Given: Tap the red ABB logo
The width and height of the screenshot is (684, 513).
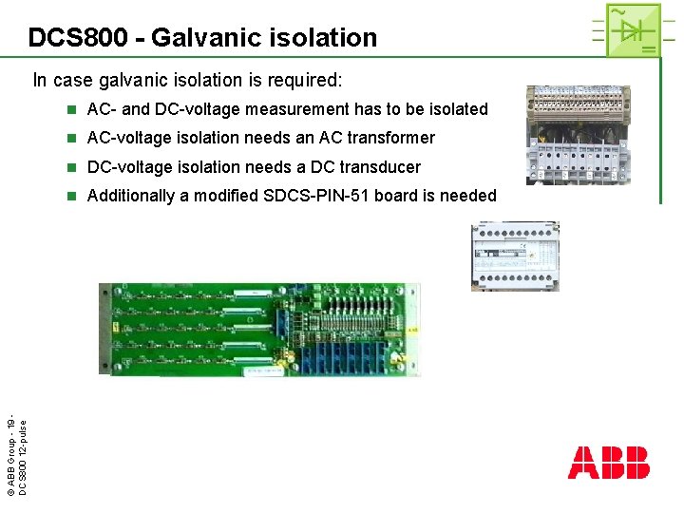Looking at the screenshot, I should pos(608,463).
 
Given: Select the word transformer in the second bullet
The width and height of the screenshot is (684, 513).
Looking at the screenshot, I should pos(390,138).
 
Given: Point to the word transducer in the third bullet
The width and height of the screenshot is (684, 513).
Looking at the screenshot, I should pos(377,167).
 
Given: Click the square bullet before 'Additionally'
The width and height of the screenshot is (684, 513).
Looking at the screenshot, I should pos(71,197).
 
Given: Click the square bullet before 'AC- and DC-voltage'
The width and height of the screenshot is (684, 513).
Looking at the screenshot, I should pos(71,110).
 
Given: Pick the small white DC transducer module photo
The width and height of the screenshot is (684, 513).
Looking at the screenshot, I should pos(515,256).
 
